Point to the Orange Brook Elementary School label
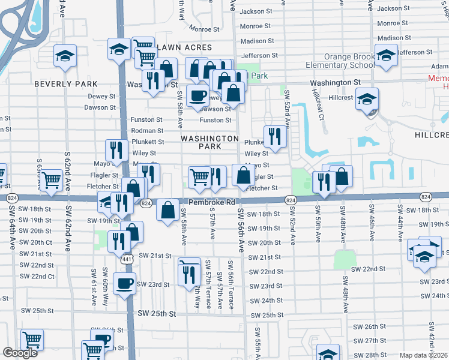pyautogui.click(x=339, y=61)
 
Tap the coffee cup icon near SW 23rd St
pyautogui.click(x=124, y=284)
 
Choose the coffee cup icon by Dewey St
pyautogui.click(x=197, y=95)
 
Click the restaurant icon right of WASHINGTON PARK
pyautogui.click(x=275, y=136)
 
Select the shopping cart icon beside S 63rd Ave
pyautogui.click(x=52, y=179)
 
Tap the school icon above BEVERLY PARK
pyautogui.click(x=65, y=55)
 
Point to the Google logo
pyautogui.click(x=20, y=353)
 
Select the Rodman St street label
pyautogui.click(x=147, y=131)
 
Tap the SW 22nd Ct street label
pyautogui.click(x=37, y=276)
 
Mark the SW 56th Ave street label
pyautogui.click(x=240, y=231)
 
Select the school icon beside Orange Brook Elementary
pyautogui.click(x=386, y=55)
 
